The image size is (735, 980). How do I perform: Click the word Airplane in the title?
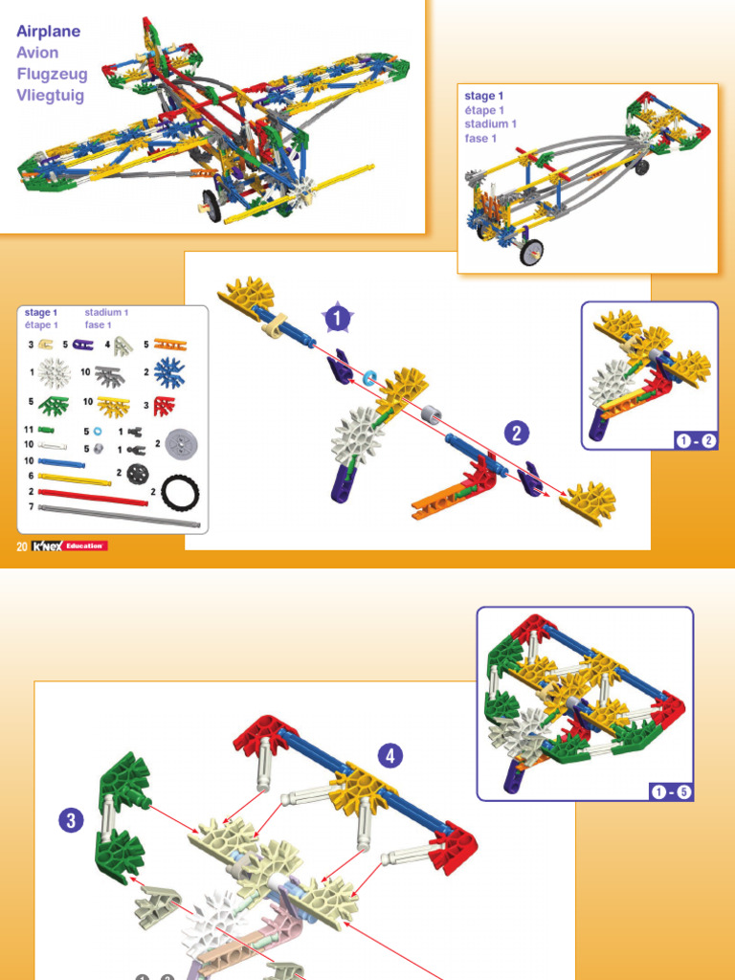click(48, 32)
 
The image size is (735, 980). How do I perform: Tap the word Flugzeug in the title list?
click(52, 74)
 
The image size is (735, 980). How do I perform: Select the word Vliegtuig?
click(51, 95)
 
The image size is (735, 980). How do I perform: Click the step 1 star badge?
click(336, 316)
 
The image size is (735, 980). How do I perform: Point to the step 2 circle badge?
click(517, 434)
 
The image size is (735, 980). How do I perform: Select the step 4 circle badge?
click(390, 756)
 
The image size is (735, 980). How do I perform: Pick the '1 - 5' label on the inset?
click(671, 791)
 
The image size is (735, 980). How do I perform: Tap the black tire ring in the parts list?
click(180, 492)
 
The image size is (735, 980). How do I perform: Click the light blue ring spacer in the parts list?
click(98, 432)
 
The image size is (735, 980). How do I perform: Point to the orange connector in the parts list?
click(169, 344)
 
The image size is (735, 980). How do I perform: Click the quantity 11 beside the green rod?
click(30, 431)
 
